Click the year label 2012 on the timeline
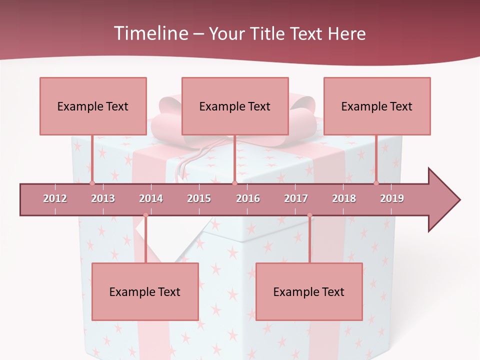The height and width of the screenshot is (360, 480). tap(55, 198)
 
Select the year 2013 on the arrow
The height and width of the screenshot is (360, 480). tap(103, 198)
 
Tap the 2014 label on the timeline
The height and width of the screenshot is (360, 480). tap(151, 198)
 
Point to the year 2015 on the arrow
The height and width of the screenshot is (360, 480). tap(199, 198)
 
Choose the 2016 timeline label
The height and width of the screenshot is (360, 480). tap(248, 198)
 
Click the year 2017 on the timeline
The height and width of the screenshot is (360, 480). tap(296, 198)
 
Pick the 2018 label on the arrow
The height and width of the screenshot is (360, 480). tap(344, 198)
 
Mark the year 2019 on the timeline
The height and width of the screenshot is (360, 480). tap(392, 198)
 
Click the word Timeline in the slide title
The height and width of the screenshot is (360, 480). tap(149, 33)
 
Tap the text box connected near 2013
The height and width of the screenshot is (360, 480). tap(93, 106)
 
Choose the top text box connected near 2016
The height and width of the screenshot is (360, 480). tap(235, 106)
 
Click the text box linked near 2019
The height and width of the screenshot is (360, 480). tap(377, 106)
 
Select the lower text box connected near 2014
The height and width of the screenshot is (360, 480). tap(145, 291)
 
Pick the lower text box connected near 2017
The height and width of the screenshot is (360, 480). tap(309, 291)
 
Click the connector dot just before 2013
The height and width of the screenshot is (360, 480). tap(92, 183)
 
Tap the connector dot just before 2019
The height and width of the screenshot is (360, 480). tap(376, 183)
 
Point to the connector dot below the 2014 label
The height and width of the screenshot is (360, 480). tap(145, 215)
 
